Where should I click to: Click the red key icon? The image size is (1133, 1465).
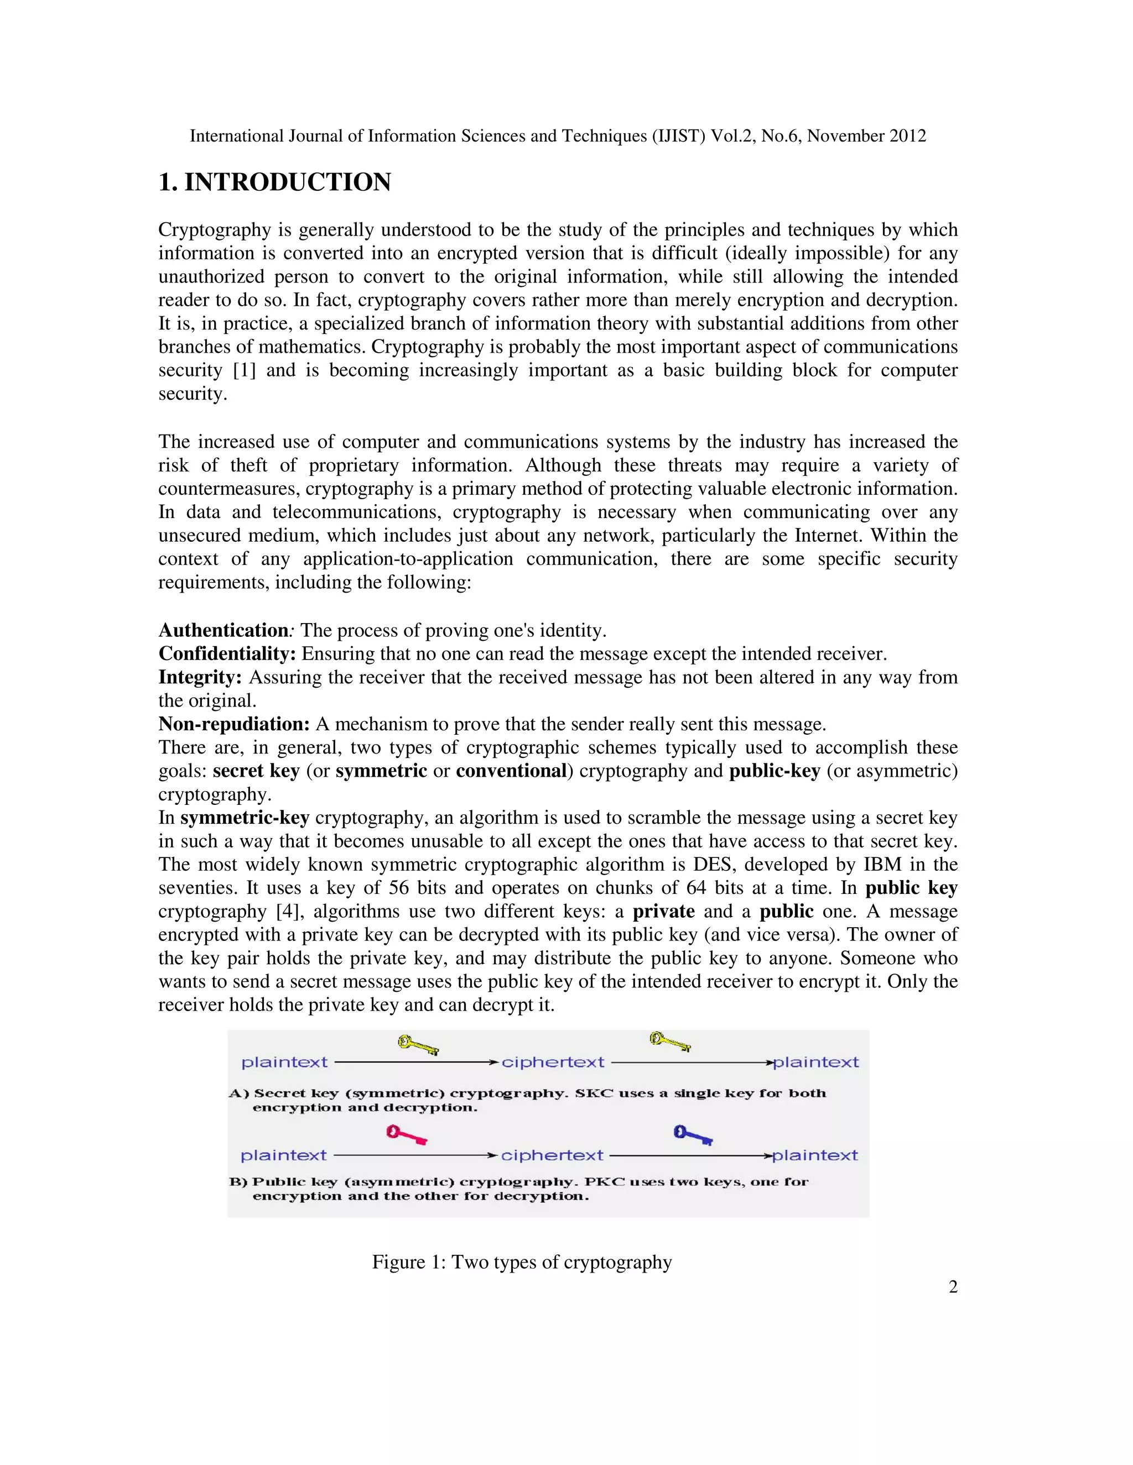406,1135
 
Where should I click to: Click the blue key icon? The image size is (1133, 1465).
693,1135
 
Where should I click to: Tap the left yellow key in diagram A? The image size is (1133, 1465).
418,1044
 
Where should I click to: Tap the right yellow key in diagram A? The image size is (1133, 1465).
669,1042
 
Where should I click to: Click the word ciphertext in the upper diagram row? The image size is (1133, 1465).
553,1063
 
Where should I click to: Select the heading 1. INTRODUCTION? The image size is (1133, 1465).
274,182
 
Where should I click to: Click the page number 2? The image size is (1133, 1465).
953,1286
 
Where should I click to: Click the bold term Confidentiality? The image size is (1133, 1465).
227,654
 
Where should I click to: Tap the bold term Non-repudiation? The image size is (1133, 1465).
233,724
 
